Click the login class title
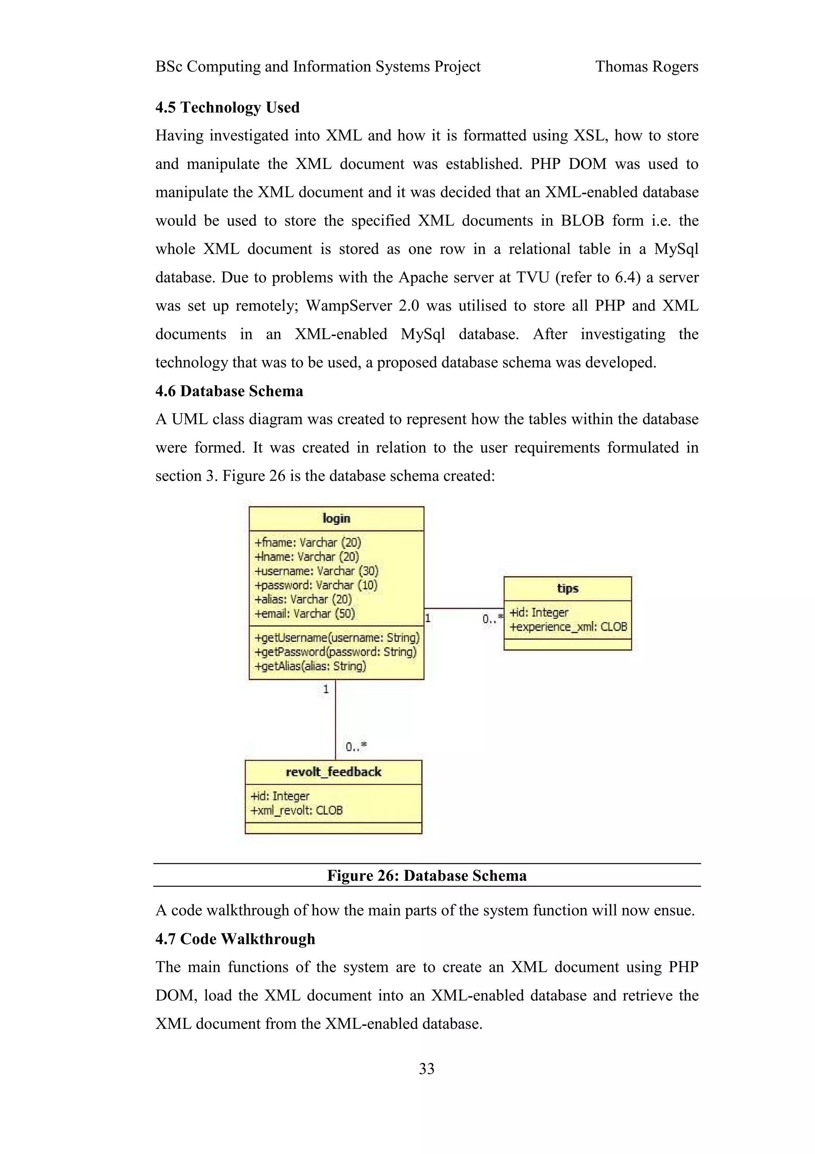(x=336, y=518)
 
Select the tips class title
(x=567, y=588)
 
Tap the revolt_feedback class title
(x=333, y=772)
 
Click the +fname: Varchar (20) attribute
(x=308, y=542)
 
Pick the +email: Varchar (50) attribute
(x=305, y=614)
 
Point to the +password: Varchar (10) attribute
(x=316, y=585)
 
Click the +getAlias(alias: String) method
(x=310, y=667)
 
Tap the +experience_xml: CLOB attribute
(x=568, y=627)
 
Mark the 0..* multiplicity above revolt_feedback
(x=355, y=747)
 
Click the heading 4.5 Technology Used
(x=228, y=107)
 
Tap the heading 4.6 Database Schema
(x=229, y=391)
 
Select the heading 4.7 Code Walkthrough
(x=235, y=939)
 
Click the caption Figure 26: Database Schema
(x=427, y=876)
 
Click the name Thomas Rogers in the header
(x=646, y=67)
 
